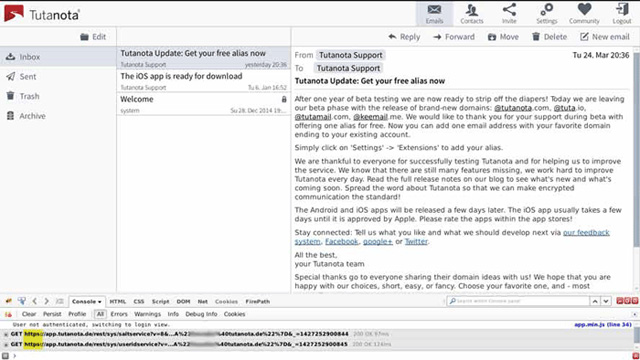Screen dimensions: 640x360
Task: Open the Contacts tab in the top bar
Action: (x=472, y=13)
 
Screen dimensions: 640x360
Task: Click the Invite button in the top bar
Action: (x=509, y=13)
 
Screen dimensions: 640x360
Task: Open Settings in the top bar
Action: (x=546, y=13)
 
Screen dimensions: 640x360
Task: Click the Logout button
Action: (x=621, y=13)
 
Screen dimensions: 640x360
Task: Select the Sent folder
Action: (x=28, y=76)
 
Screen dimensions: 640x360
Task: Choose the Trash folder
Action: (x=29, y=96)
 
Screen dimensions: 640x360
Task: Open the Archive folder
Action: (x=32, y=116)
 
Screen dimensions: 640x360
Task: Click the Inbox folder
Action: (x=30, y=57)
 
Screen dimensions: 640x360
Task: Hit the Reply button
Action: (x=404, y=36)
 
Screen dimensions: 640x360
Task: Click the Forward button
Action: (x=454, y=36)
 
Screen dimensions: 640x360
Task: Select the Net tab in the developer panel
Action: (x=202, y=301)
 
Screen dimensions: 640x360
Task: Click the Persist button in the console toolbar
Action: (x=50, y=314)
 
